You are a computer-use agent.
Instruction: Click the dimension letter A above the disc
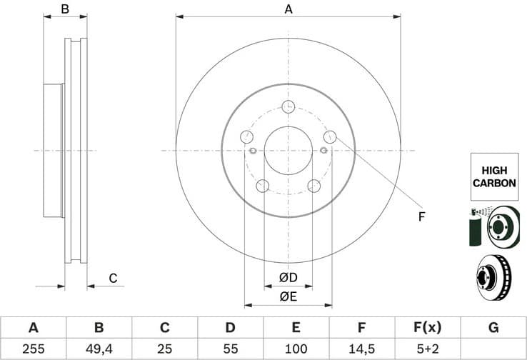[x=288, y=9]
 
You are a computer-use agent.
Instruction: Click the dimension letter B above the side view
[x=64, y=9]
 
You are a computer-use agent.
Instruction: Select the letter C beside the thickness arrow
[x=113, y=278]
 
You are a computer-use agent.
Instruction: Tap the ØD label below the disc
[x=288, y=277]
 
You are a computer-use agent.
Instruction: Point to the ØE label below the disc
[x=288, y=296]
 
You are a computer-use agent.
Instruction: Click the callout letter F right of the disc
[x=421, y=216]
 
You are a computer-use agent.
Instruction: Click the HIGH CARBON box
[x=493, y=176]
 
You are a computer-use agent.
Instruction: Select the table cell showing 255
[x=33, y=349]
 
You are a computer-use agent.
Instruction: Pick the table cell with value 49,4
[x=99, y=349]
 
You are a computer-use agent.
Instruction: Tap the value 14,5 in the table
[x=362, y=349]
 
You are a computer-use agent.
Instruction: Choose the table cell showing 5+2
[x=428, y=349]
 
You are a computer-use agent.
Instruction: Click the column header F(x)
[x=428, y=328]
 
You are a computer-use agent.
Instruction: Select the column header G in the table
[x=493, y=328]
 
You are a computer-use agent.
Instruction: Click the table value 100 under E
[x=296, y=349]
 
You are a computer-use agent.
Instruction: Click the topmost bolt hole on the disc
[x=288, y=106]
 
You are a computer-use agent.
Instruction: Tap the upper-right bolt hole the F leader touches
[x=330, y=136]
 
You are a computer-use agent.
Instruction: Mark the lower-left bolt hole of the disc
[x=262, y=186]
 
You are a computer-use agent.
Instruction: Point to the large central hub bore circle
[x=288, y=150]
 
